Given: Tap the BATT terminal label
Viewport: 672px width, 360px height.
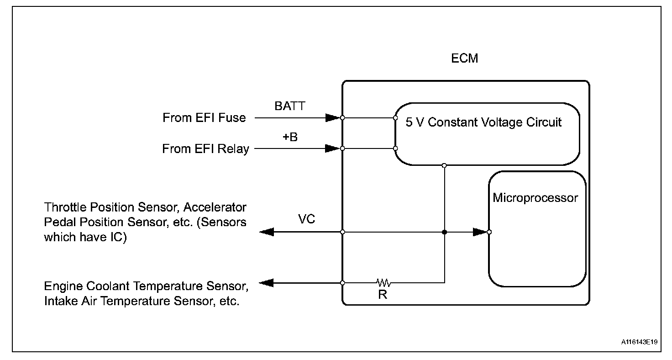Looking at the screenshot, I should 289,106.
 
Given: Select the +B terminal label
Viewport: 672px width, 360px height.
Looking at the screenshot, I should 289,137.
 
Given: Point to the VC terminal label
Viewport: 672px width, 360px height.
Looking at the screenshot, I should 306,219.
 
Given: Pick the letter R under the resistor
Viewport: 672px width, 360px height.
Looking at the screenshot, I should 383,295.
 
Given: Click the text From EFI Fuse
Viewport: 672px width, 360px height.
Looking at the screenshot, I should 204,118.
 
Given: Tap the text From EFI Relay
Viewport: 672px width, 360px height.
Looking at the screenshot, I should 205,149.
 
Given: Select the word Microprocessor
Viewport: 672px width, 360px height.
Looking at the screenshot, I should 535,198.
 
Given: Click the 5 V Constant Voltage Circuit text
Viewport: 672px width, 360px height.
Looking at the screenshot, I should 483,122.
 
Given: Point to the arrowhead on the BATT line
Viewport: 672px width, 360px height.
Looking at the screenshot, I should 333,118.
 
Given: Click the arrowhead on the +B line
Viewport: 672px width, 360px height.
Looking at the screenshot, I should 333,148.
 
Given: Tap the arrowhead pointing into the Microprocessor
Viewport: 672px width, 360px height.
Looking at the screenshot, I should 480,232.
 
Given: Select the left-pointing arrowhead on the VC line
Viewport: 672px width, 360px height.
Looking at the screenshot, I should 267,232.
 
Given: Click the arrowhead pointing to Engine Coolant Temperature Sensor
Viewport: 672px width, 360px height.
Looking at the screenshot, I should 267,283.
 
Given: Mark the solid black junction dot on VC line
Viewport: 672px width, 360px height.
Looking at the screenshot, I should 445,232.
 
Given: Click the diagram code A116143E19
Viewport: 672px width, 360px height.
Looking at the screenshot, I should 639,342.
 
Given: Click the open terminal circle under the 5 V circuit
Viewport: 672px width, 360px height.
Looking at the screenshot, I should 445,165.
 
